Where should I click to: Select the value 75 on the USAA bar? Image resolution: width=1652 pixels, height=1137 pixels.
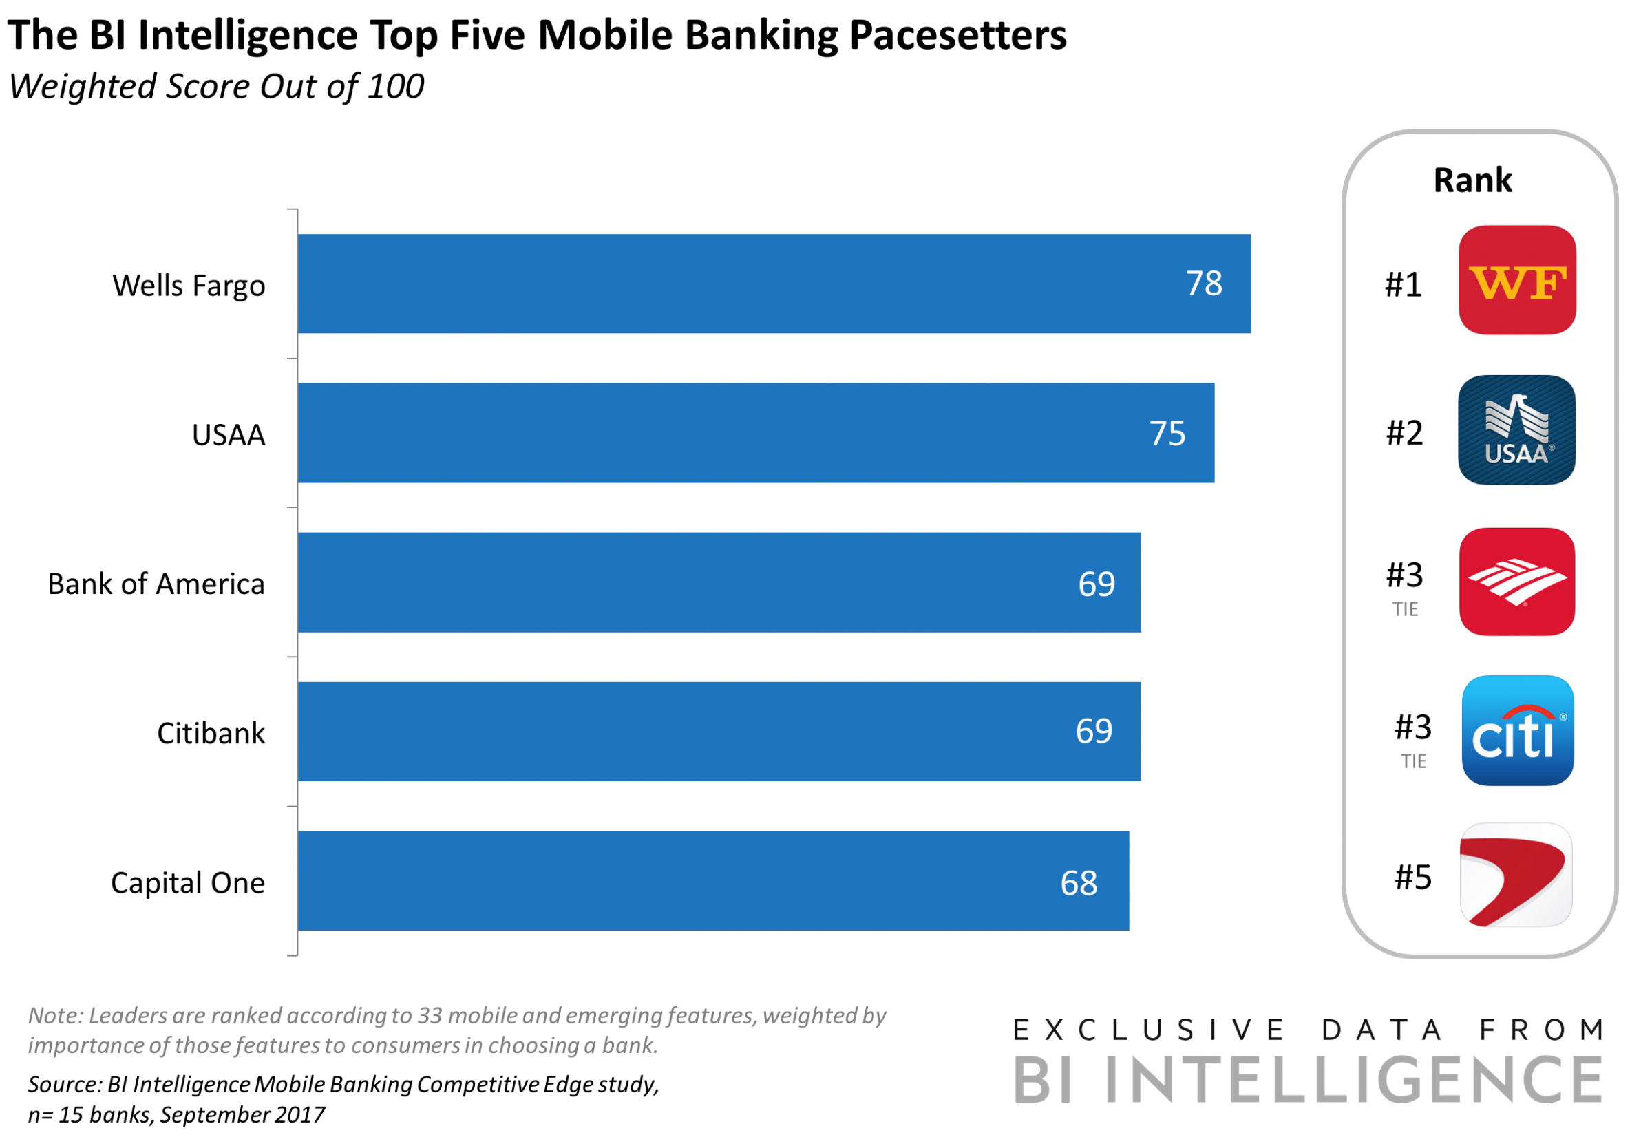(x=1167, y=433)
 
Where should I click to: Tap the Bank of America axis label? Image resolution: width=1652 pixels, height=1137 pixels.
(x=156, y=584)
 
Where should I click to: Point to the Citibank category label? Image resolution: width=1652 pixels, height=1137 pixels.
(x=211, y=733)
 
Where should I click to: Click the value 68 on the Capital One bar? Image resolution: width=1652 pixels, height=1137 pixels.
(x=1079, y=884)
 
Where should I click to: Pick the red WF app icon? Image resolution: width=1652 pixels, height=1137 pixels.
(x=1516, y=280)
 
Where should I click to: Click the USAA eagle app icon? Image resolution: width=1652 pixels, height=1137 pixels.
(x=1516, y=429)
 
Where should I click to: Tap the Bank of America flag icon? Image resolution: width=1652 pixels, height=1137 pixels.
(x=1516, y=582)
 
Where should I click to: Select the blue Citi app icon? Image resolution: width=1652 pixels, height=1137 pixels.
(x=1516, y=730)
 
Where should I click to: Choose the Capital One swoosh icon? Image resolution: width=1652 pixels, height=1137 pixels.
(x=1515, y=875)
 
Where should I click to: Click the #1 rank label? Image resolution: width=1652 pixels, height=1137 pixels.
(x=1403, y=284)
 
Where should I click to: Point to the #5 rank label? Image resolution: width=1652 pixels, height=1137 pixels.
(x=1412, y=877)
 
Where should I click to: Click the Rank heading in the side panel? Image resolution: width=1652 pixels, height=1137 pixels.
(x=1472, y=180)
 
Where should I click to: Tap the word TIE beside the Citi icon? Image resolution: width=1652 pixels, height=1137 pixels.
(x=1413, y=762)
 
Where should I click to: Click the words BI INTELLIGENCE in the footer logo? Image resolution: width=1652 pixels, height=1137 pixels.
(x=1307, y=1081)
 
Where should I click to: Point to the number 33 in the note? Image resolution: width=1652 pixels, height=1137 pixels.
(x=430, y=1015)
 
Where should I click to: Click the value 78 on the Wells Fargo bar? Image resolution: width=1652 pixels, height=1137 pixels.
(x=1203, y=284)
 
